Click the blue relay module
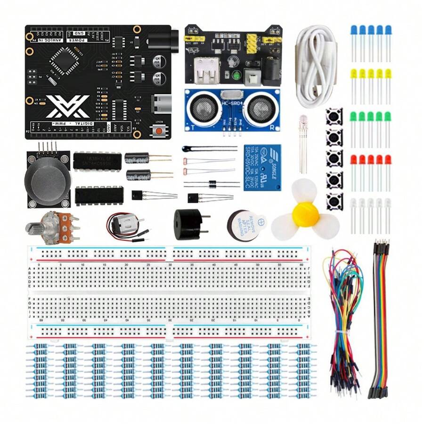point(262,167)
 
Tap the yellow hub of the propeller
point(305,214)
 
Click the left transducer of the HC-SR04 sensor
point(203,109)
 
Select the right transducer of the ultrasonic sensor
point(261,109)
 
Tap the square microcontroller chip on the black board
point(61,61)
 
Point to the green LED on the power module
point(237,74)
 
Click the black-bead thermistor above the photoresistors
point(186,149)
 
